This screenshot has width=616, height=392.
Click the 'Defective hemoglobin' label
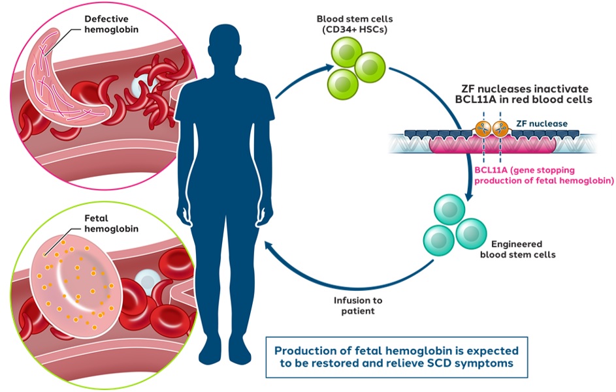click(x=110, y=25)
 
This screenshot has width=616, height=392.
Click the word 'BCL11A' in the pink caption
click(x=490, y=170)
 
